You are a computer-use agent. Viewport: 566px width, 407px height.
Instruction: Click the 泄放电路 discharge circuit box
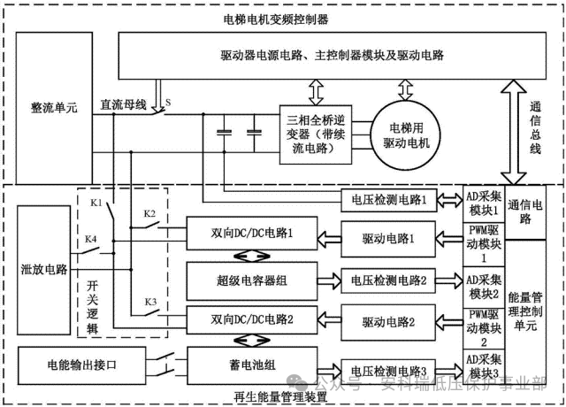[x=42, y=268]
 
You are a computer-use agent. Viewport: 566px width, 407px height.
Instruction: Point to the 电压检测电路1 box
[x=388, y=201]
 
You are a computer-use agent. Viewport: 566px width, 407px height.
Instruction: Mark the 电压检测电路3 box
[x=388, y=372]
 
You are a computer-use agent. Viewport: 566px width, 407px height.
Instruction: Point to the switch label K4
[x=91, y=241]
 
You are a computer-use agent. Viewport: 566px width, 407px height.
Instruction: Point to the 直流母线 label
[x=123, y=104]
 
